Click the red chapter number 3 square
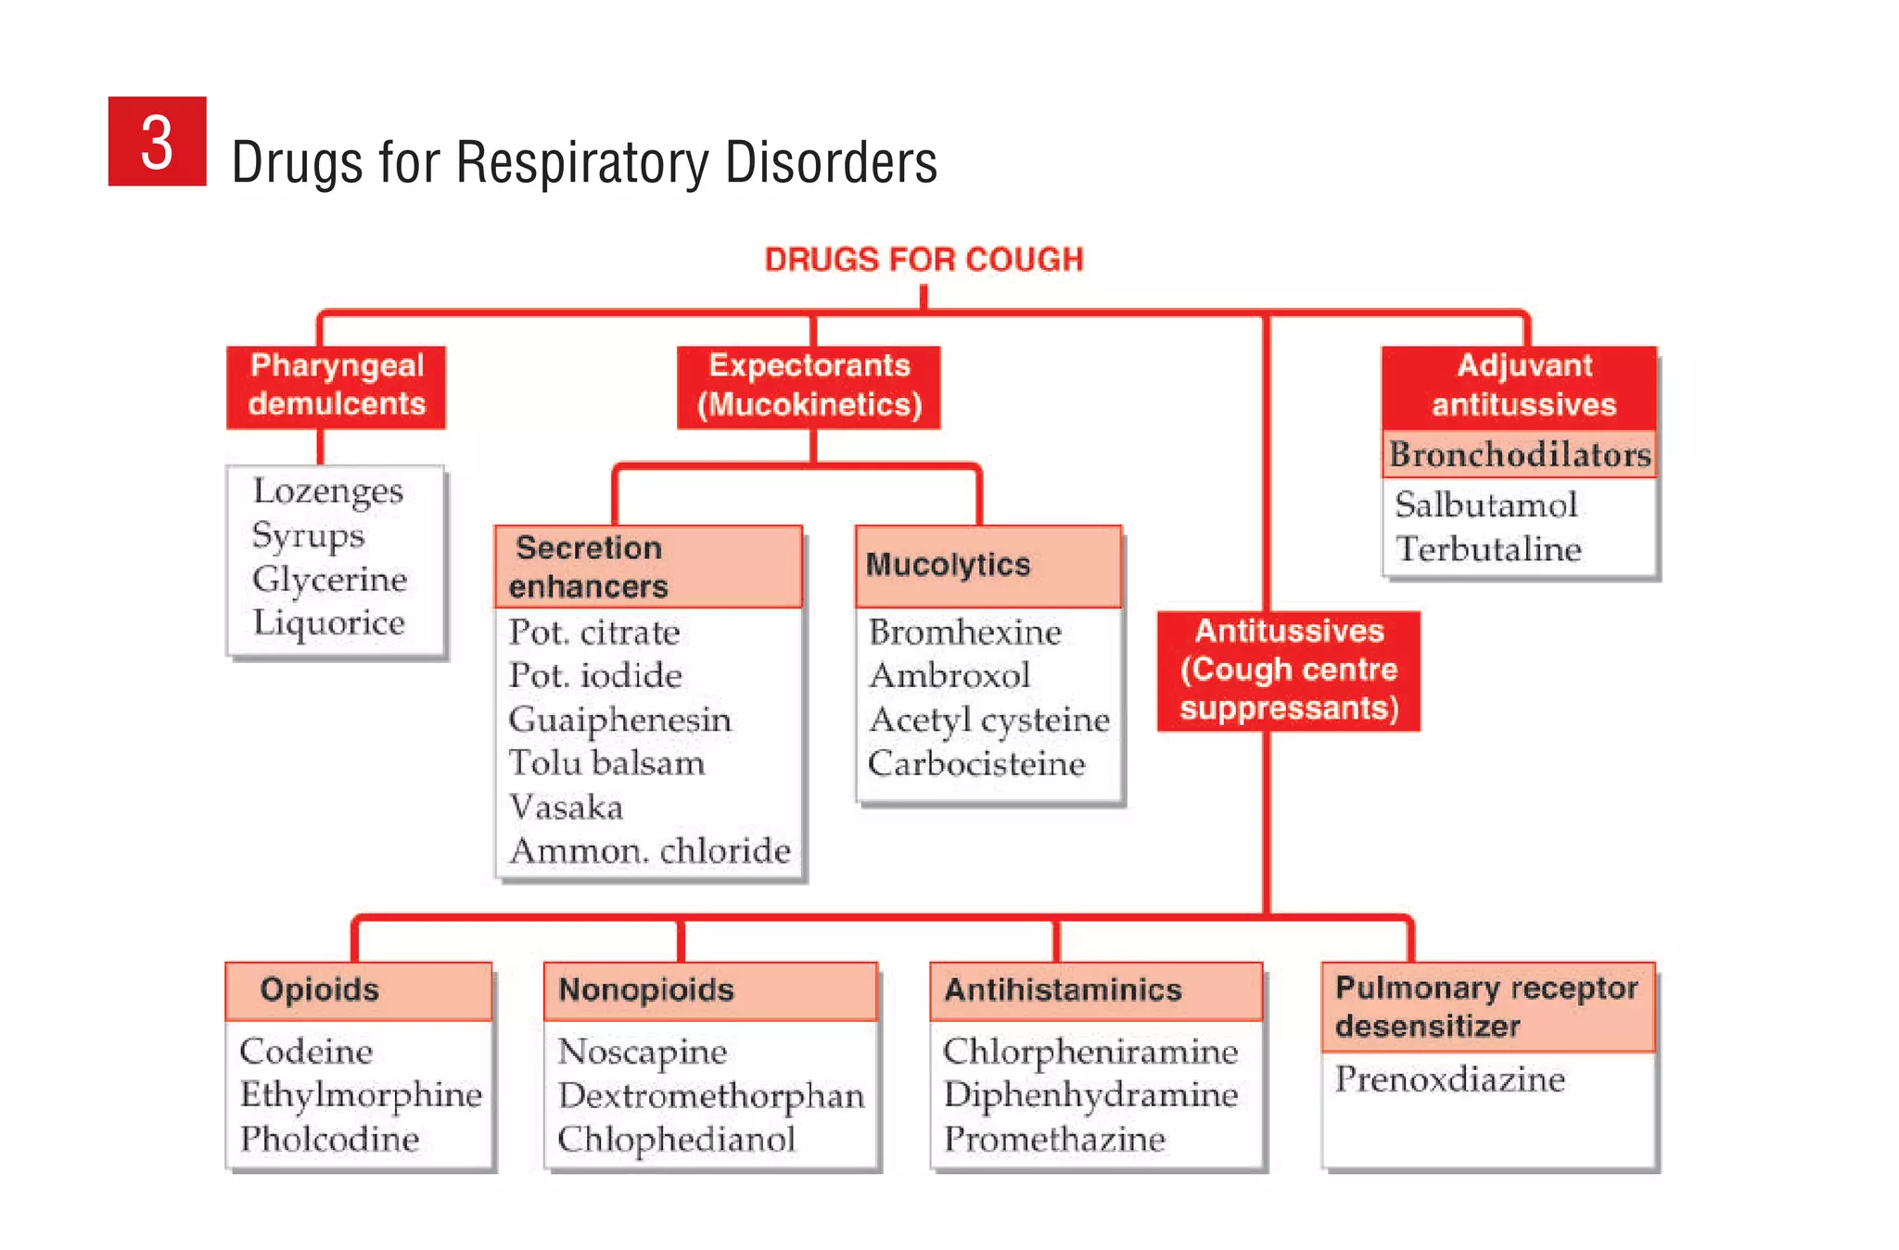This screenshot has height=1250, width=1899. tap(157, 141)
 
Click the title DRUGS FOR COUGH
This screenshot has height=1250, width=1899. tap(924, 260)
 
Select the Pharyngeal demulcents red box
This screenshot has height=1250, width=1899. tap(336, 386)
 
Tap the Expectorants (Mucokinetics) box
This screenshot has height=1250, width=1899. tap(809, 386)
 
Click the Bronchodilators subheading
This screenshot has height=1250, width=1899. tap(1519, 454)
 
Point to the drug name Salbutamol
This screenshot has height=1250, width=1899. tap(1485, 504)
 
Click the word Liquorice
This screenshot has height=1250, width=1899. tap(329, 622)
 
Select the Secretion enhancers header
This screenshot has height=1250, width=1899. tap(647, 567)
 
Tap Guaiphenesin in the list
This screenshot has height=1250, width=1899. tap(619, 720)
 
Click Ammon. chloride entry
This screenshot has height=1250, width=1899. tap(650, 850)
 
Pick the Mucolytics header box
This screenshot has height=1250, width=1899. tap(988, 566)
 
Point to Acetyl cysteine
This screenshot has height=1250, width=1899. tap(988, 720)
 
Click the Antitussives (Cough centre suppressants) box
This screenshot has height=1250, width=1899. tap(1288, 670)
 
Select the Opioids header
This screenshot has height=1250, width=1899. tap(358, 990)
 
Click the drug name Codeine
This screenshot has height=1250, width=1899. tap(306, 1052)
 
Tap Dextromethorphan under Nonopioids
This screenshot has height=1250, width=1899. tap(710, 1096)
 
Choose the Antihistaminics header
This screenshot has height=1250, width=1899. tap(1095, 990)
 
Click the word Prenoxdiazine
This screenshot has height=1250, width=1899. tap(1449, 1079)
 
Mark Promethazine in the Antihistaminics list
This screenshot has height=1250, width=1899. tap(1054, 1139)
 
